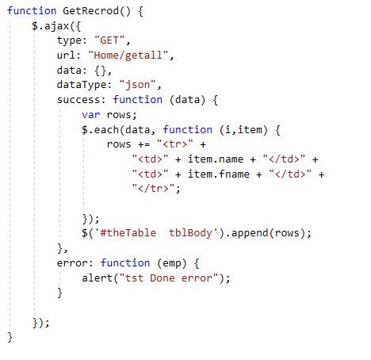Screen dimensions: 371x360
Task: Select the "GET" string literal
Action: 109,40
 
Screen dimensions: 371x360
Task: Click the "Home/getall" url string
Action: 128,56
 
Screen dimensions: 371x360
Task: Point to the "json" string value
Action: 137,85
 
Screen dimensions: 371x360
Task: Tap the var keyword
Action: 91,115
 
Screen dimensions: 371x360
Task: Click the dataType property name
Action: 82,85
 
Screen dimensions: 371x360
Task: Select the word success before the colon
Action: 78,100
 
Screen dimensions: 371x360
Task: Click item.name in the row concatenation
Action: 216,159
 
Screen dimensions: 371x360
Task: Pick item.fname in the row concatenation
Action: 219,174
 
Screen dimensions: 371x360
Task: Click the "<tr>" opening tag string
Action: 174,144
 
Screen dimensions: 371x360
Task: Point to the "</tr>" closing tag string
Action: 153,189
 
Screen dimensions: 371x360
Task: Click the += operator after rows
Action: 144,144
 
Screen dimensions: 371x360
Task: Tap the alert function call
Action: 97,278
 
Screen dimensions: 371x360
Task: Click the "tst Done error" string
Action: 169,278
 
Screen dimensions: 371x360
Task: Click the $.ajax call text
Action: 51,26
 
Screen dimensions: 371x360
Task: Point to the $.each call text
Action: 100,130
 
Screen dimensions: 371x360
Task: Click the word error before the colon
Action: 72,263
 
